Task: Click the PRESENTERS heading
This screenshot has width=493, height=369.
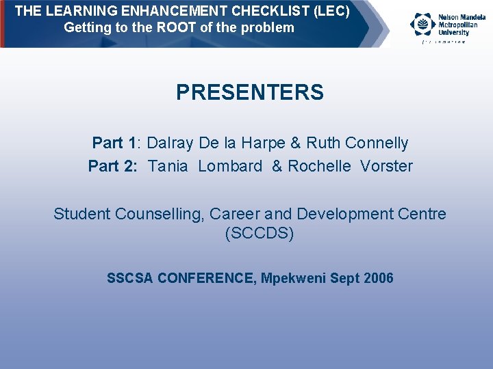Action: pyautogui.click(x=250, y=92)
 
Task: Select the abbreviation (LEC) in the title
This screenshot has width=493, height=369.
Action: pyautogui.click(x=331, y=12)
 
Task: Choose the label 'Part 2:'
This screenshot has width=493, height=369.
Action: pyautogui.click(x=113, y=166)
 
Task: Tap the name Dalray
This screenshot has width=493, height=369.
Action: pyautogui.click(x=170, y=143)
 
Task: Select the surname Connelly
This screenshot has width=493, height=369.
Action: pyautogui.click(x=377, y=143)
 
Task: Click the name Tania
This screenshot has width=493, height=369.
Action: pyautogui.click(x=168, y=166)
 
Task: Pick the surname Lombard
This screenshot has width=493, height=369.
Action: pyautogui.click(x=230, y=166)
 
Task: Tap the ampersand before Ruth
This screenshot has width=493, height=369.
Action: pyautogui.click(x=295, y=143)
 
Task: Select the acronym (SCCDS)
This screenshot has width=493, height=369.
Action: pyautogui.click(x=260, y=233)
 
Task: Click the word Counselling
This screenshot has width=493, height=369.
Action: pyautogui.click(x=160, y=214)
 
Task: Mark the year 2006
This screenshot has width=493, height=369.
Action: pyautogui.click(x=379, y=278)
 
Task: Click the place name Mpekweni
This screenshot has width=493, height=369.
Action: pyautogui.click(x=294, y=278)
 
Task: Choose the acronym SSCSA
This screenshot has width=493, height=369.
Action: pyautogui.click(x=130, y=278)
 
